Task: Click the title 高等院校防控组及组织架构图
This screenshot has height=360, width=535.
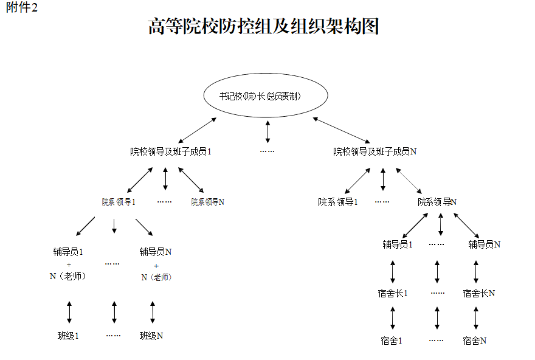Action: [264, 27]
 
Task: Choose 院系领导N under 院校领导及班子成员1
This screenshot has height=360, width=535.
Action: [208, 202]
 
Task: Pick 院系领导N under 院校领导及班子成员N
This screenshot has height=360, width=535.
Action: [437, 202]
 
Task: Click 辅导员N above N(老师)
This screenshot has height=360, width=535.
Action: [156, 251]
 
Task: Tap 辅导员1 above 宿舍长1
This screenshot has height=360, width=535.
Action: [398, 244]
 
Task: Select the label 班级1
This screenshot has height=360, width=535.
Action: [69, 336]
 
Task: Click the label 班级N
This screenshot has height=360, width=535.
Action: [151, 336]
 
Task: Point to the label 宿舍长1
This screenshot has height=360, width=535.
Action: [393, 293]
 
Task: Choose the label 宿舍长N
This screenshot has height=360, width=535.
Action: [478, 293]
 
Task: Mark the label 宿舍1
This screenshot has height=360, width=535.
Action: [392, 341]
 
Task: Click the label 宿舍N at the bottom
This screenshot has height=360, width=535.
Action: [474, 341]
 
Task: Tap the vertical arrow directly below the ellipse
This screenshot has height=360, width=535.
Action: [268, 132]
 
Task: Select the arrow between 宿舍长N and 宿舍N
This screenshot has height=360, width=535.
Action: [476, 317]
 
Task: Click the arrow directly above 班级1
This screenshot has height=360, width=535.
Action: [69, 311]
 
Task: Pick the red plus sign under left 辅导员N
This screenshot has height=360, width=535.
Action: [156, 266]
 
